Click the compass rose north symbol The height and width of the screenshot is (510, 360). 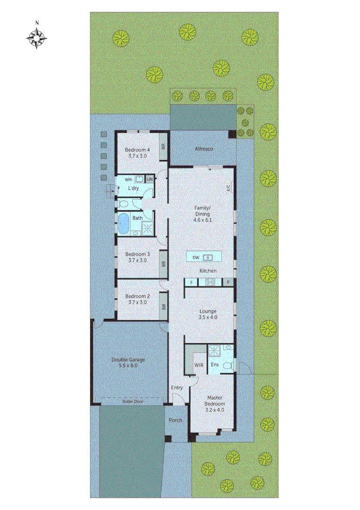[x=36, y=36]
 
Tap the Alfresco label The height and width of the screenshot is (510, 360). [x=204, y=149]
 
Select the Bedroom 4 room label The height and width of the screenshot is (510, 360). [x=137, y=150]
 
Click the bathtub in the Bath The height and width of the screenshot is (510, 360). [x=124, y=223]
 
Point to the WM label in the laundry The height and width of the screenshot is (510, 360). [x=128, y=180]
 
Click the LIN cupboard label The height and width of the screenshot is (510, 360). [x=150, y=179]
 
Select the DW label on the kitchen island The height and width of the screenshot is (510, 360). [x=195, y=257]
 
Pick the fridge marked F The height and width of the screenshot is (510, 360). [x=191, y=282]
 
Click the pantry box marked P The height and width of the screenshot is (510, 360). [x=228, y=282]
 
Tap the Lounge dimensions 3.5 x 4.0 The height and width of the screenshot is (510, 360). [x=208, y=317]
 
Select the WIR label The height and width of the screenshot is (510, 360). [x=199, y=365]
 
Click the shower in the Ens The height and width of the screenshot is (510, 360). [x=215, y=351]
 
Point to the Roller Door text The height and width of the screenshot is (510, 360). [x=132, y=401]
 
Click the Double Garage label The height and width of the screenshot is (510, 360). [x=128, y=360]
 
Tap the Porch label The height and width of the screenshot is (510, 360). [x=176, y=420]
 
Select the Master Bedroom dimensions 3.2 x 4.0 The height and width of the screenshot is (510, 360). [x=214, y=410]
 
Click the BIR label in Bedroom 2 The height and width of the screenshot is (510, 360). [x=164, y=306]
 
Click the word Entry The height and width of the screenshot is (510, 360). [x=177, y=388]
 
